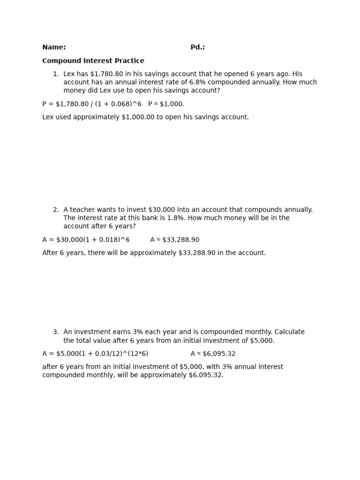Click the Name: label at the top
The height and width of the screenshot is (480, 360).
(x=54, y=47)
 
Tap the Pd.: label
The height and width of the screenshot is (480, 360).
(x=197, y=47)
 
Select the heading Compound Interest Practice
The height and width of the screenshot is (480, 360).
(x=93, y=61)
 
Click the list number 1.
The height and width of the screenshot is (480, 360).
(x=55, y=74)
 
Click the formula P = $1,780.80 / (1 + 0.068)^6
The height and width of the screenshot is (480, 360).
(x=92, y=104)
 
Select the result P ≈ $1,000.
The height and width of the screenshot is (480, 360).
(x=166, y=104)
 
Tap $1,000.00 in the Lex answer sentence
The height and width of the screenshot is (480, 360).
(x=138, y=117)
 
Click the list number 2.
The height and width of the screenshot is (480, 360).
(x=55, y=210)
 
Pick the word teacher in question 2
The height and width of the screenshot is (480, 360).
(x=83, y=210)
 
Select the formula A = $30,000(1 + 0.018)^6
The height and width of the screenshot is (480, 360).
(x=86, y=240)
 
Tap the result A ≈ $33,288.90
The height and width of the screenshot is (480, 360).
(x=175, y=240)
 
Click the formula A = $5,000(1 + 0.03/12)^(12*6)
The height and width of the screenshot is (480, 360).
(x=95, y=354)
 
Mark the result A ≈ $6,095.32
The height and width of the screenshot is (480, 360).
(x=213, y=354)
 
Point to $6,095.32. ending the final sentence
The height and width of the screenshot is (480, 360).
(x=206, y=375)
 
